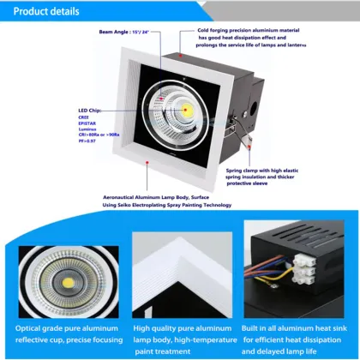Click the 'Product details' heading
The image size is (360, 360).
pos(44,12)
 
